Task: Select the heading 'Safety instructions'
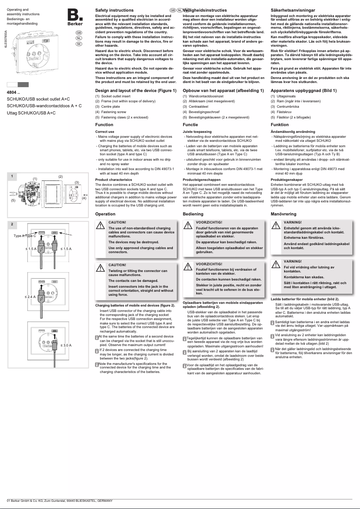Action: click(x=114, y=9)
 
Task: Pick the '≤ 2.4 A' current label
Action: click(x=31, y=297)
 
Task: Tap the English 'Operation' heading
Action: click(x=105, y=214)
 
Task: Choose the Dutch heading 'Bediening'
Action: click(x=193, y=214)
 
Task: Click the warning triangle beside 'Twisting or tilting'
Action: click(x=101, y=268)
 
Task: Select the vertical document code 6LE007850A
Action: click(x=5, y=39)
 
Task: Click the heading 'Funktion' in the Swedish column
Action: click(x=280, y=124)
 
